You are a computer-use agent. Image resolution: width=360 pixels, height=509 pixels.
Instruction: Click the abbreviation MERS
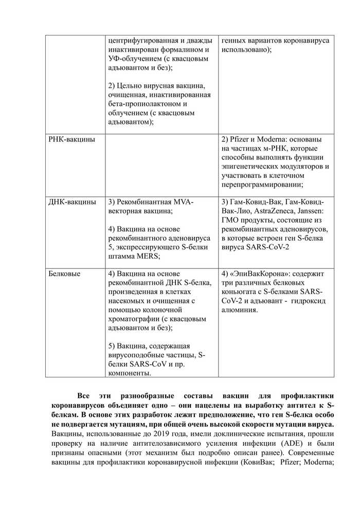click(x=149, y=256)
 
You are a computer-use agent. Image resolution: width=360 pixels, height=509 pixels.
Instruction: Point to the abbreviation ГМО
click(x=231, y=220)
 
